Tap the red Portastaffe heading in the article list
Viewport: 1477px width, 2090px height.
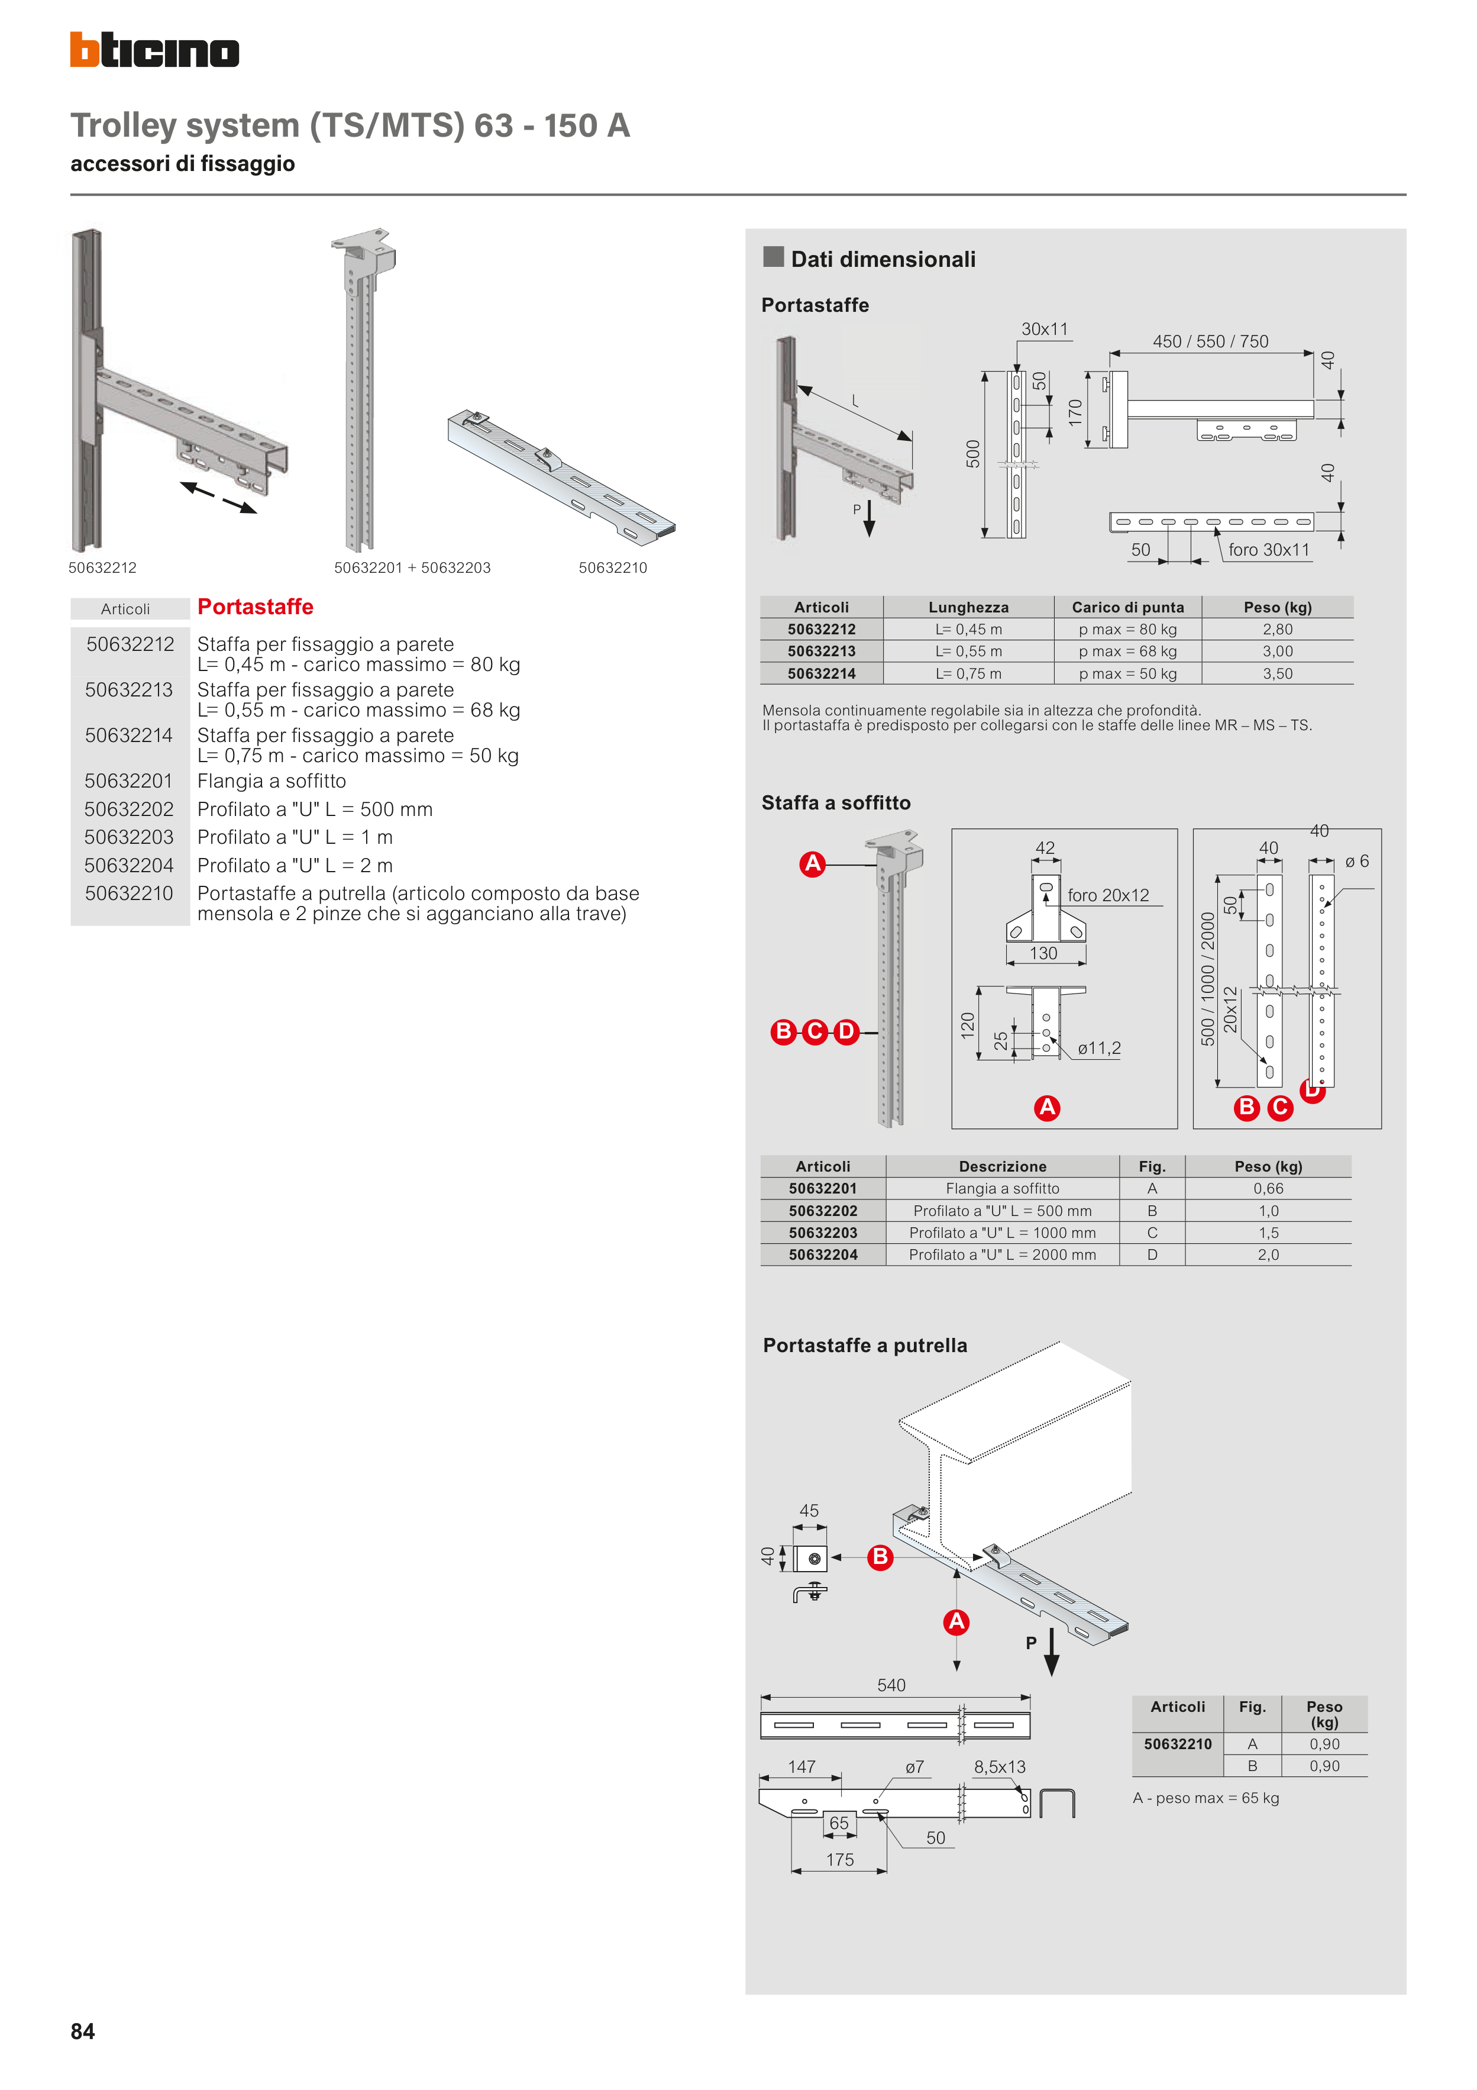[x=255, y=607]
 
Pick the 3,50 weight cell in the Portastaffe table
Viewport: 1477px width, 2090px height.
[x=1277, y=673]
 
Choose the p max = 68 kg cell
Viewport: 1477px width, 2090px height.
[x=1127, y=651]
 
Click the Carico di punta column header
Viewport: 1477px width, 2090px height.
[x=1127, y=607]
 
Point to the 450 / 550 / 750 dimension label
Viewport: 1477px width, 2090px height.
[x=1210, y=341]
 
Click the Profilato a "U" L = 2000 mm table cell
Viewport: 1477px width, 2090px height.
[x=1002, y=1254]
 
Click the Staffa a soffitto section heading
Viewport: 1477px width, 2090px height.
[x=835, y=803]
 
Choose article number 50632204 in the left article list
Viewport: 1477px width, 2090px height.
[x=128, y=866]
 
